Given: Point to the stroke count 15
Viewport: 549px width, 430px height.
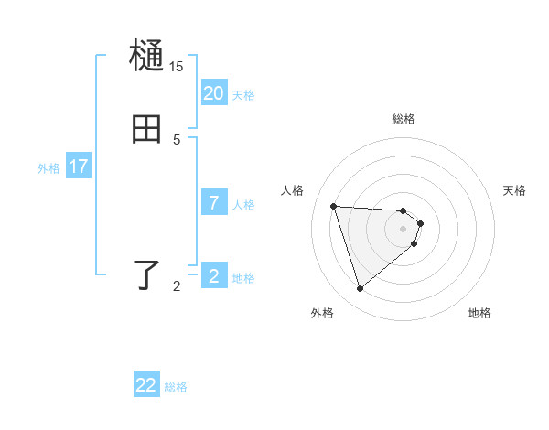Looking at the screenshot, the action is click(x=176, y=67).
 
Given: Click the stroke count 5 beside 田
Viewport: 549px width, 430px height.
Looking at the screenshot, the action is click(x=177, y=139).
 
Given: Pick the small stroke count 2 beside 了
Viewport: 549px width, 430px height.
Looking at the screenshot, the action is click(x=177, y=286).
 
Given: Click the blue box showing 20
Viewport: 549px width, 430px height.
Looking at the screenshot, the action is click(x=213, y=92).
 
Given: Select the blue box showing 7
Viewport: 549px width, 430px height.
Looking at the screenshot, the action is click(x=213, y=202).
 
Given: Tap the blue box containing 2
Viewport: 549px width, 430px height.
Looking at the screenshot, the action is click(x=213, y=275).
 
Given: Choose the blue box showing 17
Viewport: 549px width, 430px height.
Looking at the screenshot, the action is click(x=79, y=167).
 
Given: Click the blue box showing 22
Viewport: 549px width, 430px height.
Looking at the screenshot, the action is click(x=146, y=385).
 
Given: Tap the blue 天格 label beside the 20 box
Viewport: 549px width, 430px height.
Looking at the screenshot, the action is click(x=243, y=95).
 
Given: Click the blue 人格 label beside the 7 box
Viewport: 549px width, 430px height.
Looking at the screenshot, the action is click(x=243, y=205).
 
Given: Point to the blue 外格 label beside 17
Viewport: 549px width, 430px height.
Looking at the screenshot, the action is click(x=48, y=168).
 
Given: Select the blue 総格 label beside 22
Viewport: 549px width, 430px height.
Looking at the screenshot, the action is click(x=176, y=387).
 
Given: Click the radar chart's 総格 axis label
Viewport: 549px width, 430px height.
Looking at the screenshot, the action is click(x=404, y=119).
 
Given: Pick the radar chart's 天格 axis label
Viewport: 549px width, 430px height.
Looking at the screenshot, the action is click(x=515, y=190).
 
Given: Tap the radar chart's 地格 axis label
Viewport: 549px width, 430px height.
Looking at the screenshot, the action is click(x=479, y=313).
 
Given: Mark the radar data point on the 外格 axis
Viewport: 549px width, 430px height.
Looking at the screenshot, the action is click(x=361, y=289).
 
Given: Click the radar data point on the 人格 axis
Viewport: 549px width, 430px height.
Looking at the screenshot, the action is click(x=334, y=206).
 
